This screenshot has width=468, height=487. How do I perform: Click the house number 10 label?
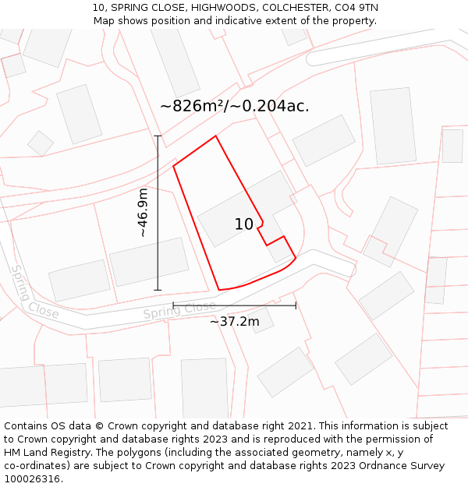[244, 224]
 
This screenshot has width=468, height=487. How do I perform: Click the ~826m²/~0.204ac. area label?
[235, 106]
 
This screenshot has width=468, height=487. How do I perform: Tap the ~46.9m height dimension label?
[143, 213]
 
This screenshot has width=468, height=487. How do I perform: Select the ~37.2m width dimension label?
[234, 321]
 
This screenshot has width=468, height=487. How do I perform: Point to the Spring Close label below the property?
[179, 310]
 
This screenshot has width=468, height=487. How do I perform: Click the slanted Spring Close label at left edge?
[34, 291]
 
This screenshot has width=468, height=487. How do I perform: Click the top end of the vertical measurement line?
[158, 136]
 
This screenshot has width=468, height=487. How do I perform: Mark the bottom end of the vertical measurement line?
[158, 290]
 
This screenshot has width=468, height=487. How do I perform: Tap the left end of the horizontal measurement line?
[173, 305]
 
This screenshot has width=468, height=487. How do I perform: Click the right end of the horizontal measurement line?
[296, 305]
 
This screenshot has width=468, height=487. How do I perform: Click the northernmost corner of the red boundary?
[215, 136]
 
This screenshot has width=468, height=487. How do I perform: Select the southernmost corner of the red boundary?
[219, 290]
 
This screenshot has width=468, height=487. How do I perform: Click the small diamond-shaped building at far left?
[41, 143]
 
